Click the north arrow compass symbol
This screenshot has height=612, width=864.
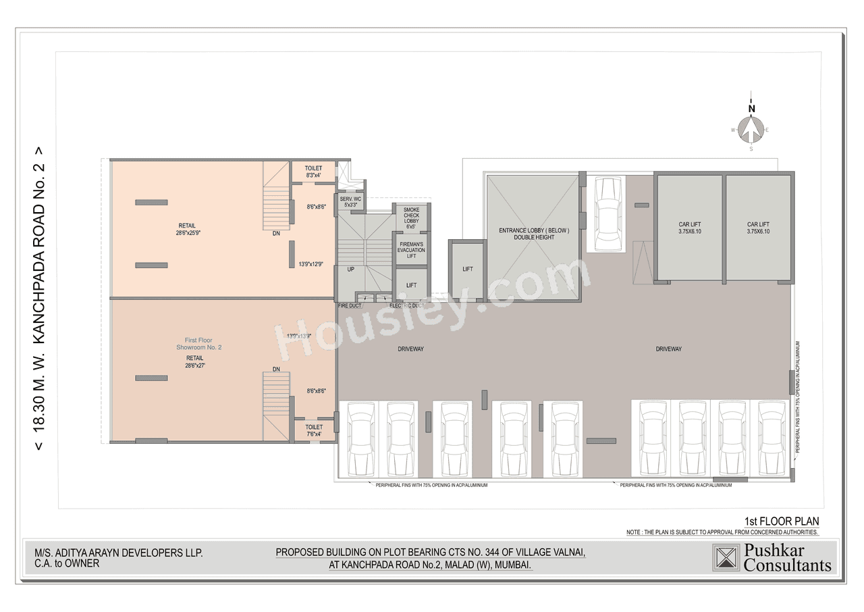pyautogui.click(x=751, y=128)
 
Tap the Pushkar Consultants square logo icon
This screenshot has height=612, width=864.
pyautogui.click(x=726, y=558)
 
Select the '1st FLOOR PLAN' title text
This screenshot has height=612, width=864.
pyautogui.click(x=781, y=521)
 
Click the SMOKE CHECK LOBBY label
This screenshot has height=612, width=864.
pyautogui.click(x=411, y=218)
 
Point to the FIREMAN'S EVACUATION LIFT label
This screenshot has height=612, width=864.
pyautogui.click(x=411, y=249)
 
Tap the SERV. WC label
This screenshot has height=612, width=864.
pyautogui.click(x=350, y=202)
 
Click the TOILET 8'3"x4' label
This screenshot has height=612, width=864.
pyautogui.click(x=313, y=172)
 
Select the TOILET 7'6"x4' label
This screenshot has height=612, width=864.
pyautogui.click(x=313, y=430)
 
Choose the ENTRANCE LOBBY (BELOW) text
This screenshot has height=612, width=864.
pyautogui.click(x=534, y=234)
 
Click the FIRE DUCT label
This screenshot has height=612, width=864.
pyautogui.click(x=350, y=306)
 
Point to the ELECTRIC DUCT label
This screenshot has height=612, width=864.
pyautogui.click(x=407, y=306)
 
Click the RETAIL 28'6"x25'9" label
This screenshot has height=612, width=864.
pyautogui.click(x=189, y=229)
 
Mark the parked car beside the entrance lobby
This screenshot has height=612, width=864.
pyautogui.click(x=608, y=213)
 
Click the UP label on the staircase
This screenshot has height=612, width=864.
pyautogui.click(x=351, y=270)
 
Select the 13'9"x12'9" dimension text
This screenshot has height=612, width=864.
pyautogui.click(x=310, y=265)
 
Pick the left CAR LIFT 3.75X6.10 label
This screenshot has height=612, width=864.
pyautogui.click(x=690, y=228)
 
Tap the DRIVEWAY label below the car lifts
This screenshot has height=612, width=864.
pyautogui.click(x=668, y=349)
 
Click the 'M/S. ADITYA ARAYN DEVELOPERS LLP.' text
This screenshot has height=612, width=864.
pyautogui.click(x=114, y=553)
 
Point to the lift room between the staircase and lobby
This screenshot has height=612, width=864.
pyautogui.click(x=467, y=270)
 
